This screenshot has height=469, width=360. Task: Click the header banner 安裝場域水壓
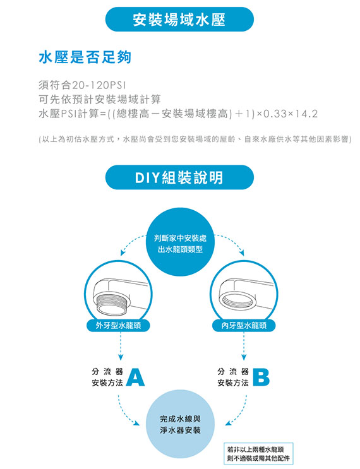pyautogui.click(x=179, y=20)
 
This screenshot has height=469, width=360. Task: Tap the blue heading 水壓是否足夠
pyautogui.click(x=85, y=57)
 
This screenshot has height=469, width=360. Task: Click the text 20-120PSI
pyautogui.click(x=99, y=85)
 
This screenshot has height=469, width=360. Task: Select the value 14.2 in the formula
pyautogui.click(x=306, y=114)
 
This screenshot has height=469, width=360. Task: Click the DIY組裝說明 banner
pyautogui.click(x=179, y=177)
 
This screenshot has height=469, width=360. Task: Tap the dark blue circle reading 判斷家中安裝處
pyautogui.click(x=180, y=242)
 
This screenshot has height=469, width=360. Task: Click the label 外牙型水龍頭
pyautogui.click(x=118, y=326)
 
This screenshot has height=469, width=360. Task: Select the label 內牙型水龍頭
pyautogui.click(x=244, y=326)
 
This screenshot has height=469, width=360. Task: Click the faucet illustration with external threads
pyautogui.click(x=118, y=295)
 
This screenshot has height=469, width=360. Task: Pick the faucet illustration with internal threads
pyautogui.click(x=244, y=295)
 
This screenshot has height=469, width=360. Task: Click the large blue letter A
pyautogui.click(x=135, y=377)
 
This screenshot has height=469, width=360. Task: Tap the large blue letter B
pyautogui.click(x=261, y=377)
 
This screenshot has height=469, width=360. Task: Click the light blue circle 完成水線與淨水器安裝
pyautogui.click(x=180, y=424)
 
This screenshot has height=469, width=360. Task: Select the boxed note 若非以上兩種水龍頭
pyautogui.click(x=258, y=453)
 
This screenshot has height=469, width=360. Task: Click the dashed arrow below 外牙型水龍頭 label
pyautogui.click(x=120, y=346)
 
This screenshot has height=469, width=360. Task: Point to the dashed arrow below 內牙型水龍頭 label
pyautogui.click(x=244, y=346)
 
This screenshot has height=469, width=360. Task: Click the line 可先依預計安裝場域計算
pyautogui.click(x=100, y=99)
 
